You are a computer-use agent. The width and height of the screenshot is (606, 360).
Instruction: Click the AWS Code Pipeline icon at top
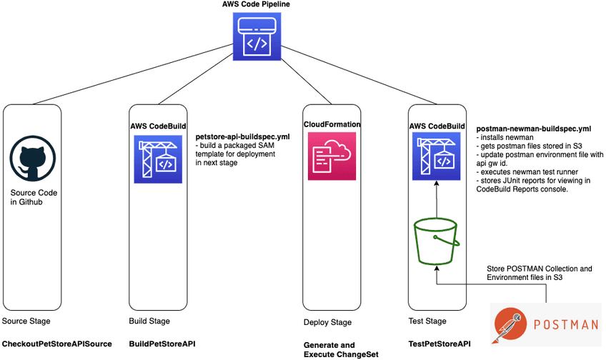click(257, 37)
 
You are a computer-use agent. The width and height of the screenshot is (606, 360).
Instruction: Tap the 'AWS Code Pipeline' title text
click(257, 5)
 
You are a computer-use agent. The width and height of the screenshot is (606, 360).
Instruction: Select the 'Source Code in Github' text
click(34, 198)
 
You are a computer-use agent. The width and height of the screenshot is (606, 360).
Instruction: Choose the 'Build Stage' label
click(149, 321)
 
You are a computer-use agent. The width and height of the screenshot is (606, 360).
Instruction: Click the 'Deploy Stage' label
click(327, 322)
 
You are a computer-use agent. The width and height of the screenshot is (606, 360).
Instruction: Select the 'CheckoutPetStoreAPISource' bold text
click(57, 344)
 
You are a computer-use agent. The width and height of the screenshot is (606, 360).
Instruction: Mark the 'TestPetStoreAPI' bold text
click(439, 344)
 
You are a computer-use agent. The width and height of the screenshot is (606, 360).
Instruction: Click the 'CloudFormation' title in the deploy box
click(332, 124)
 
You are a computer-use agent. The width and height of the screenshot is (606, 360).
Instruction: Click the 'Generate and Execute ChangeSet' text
click(329, 349)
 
